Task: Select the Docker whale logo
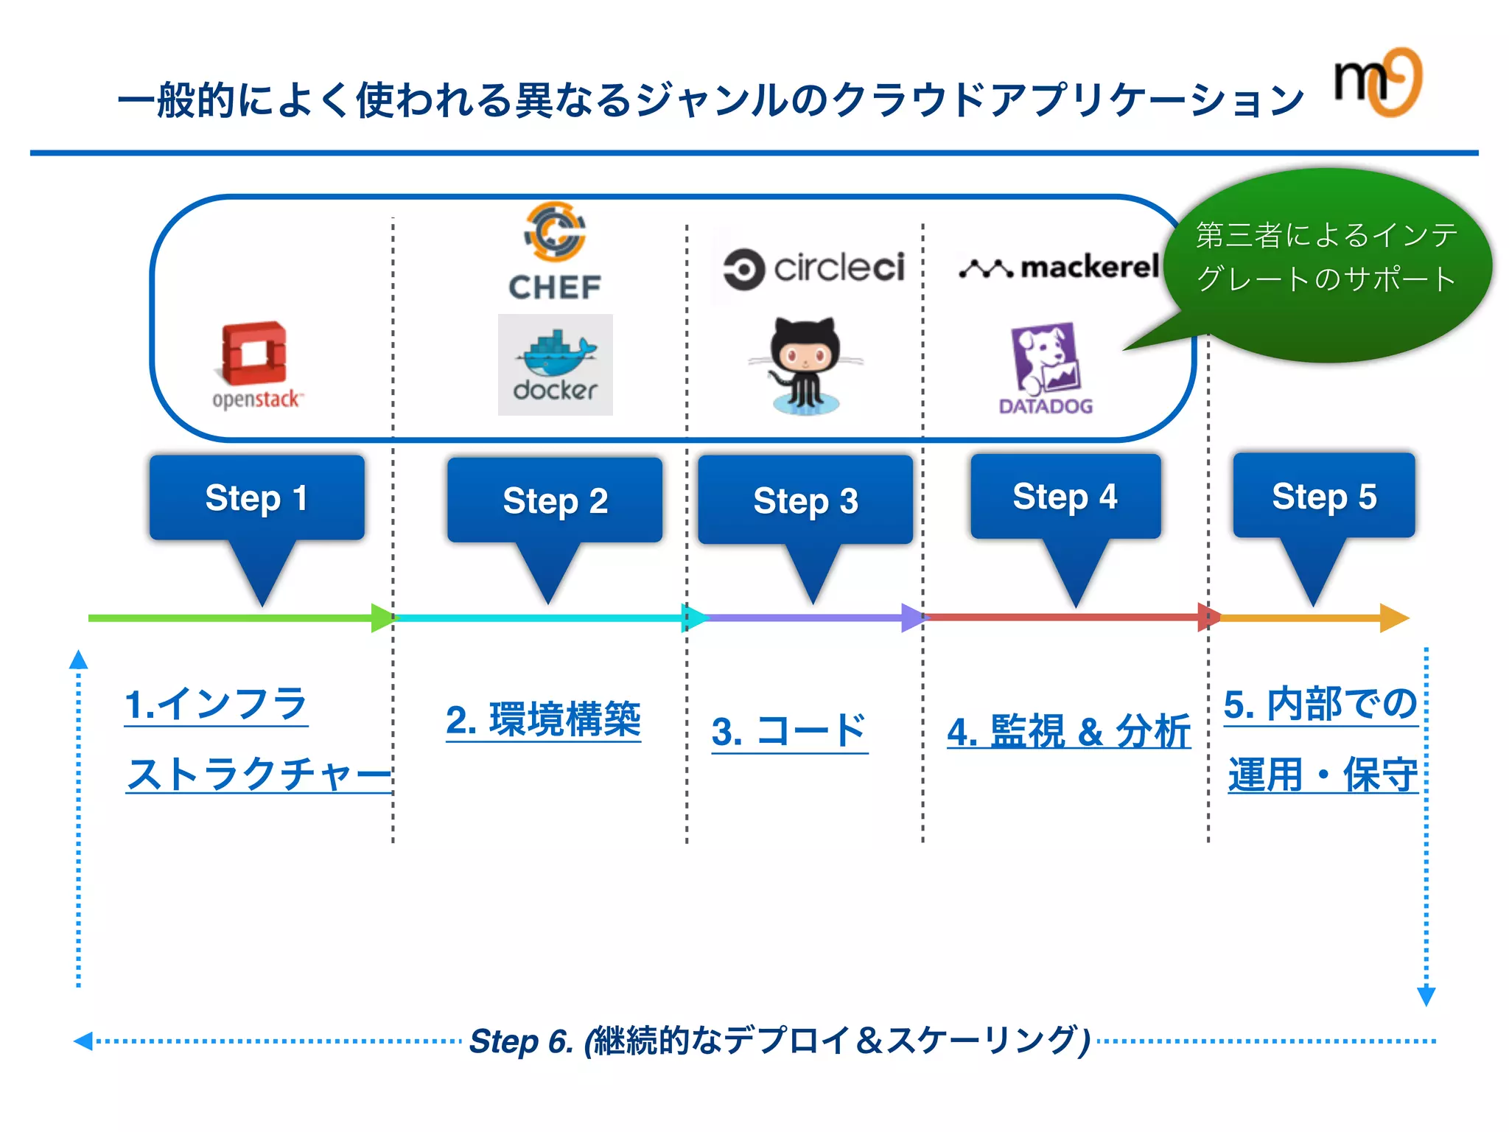click(x=555, y=364)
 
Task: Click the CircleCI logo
click(x=813, y=268)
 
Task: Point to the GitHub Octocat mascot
click(x=805, y=366)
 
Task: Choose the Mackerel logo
click(x=1059, y=268)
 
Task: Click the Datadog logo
click(x=1045, y=368)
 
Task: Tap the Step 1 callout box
click(x=256, y=498)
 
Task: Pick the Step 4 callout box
click(x=1065, y=497)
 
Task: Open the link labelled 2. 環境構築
click(x=543, y=720)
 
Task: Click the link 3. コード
click(x=789, y=732)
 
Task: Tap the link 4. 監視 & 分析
click(x=1068, y=732)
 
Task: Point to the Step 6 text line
click(x=780, y=1041)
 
